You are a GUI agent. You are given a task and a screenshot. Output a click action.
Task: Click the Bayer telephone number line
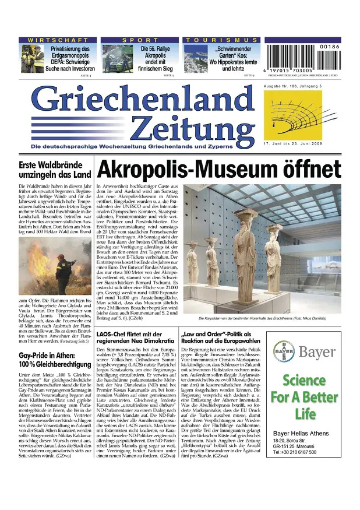point(295,452)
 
